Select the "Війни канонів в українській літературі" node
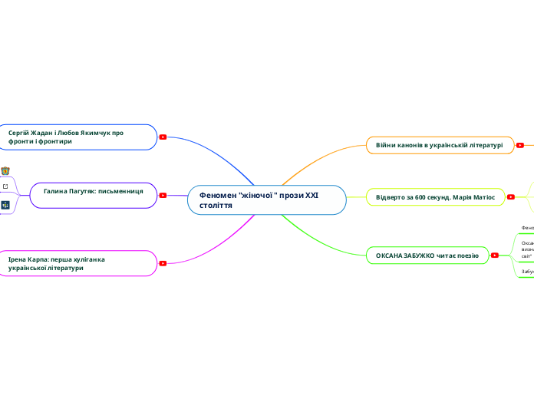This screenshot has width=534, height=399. (440, 145)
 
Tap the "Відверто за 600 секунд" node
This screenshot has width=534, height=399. (435, 197)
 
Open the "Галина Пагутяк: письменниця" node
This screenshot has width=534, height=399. (93, 195)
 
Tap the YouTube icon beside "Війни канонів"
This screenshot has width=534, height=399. (521, 145)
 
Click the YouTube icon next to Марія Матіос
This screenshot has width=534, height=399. (513, 197)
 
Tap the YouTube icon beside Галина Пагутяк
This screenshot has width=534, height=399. (163, 195)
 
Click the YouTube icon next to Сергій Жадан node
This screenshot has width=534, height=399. (163, 137)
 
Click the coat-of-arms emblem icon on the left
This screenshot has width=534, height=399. (5, 170)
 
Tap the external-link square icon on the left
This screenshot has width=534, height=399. (5, 186)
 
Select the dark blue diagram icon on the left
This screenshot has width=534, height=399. (5, 205)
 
